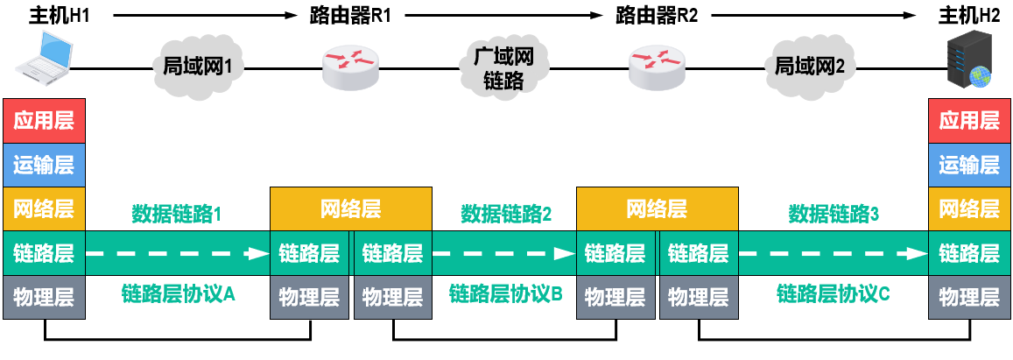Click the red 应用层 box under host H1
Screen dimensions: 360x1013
44,121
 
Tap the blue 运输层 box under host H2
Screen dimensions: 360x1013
968,164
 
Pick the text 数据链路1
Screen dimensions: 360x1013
178,213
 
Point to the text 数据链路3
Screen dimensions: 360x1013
834,213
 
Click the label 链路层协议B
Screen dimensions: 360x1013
505,294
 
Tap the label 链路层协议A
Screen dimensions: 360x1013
179,294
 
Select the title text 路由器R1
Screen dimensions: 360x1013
350,15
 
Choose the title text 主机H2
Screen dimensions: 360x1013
968,15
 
